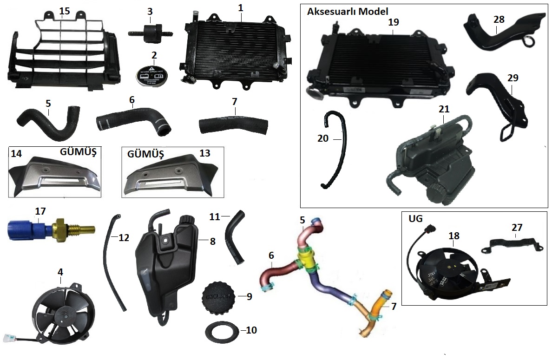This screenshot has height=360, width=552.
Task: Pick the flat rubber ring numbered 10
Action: point(223,331)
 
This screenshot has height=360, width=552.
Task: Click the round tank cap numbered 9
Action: point(218,296)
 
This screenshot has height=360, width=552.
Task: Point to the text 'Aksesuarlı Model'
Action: point(348,11)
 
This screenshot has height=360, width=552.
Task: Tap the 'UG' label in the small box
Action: point(415,218)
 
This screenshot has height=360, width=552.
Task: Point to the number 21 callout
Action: point(444,109)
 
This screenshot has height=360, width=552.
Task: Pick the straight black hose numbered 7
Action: point(233,124)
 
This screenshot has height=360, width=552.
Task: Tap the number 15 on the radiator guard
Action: point(65,11)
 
